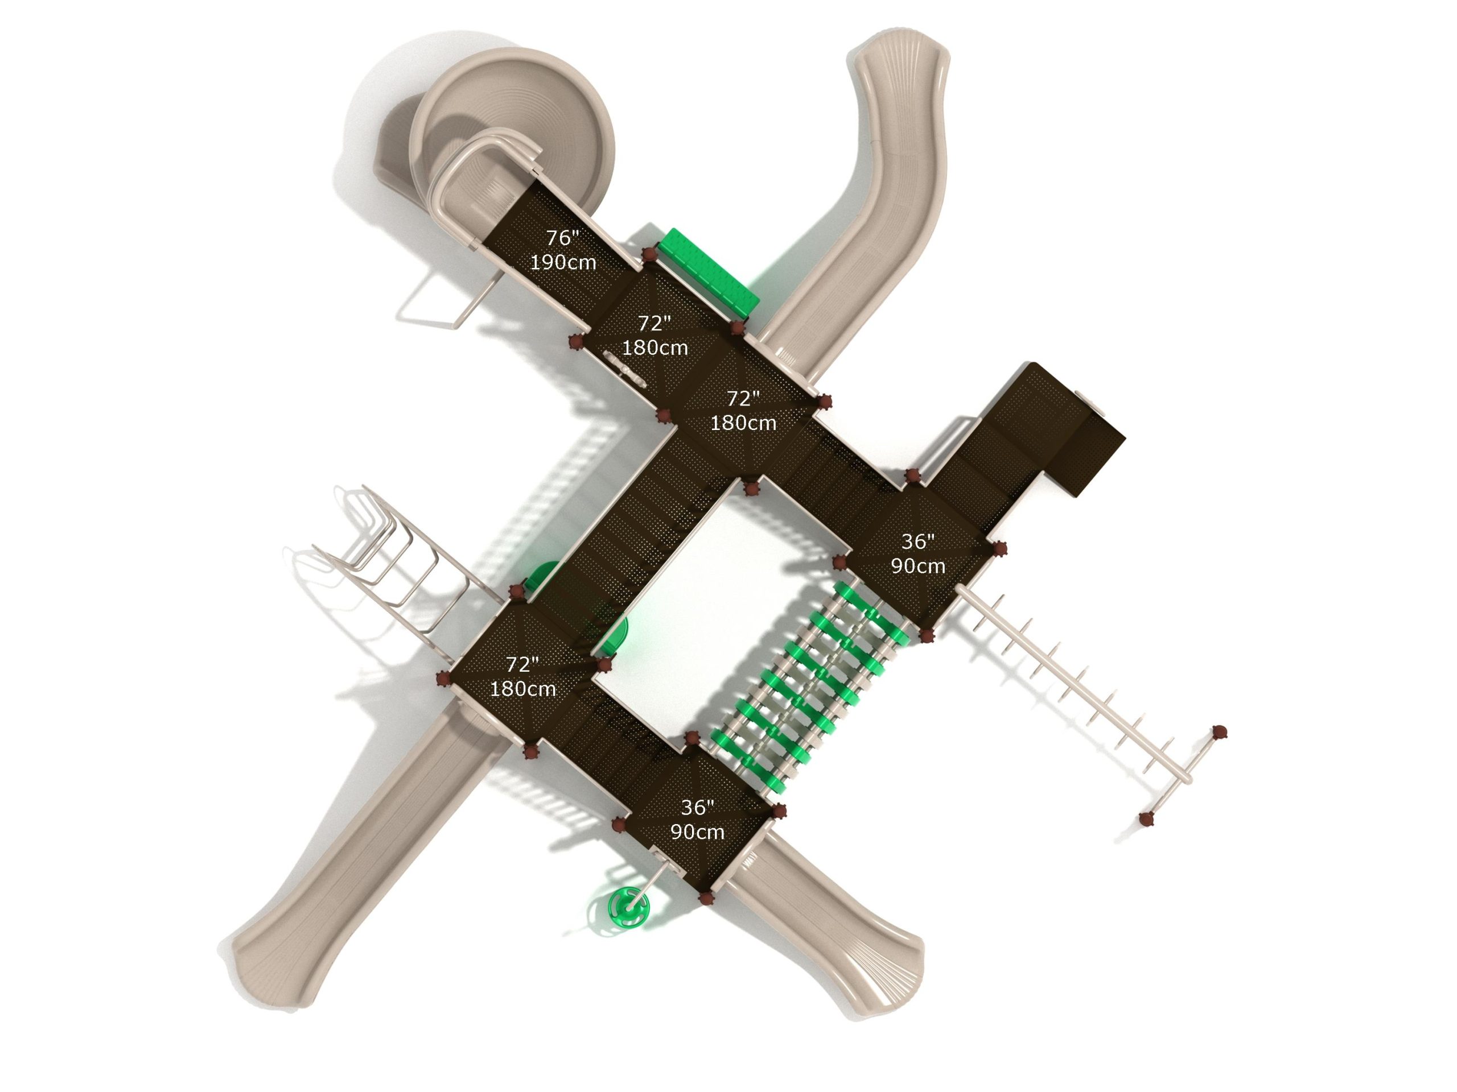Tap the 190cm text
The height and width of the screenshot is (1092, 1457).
tap(563, 263)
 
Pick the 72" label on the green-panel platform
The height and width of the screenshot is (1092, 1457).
tap(655, 323)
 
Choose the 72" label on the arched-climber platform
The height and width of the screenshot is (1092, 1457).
tap(522, 665)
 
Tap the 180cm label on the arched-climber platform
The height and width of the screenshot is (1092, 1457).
tap(523, 689)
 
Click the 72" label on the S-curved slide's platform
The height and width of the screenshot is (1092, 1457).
tap(743, 398)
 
